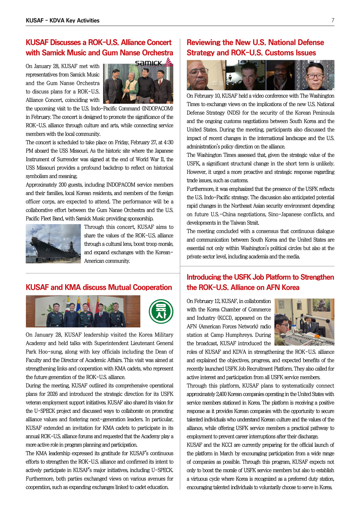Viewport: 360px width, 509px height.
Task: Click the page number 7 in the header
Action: click(333, 21)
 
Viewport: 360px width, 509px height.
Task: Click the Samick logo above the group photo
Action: click(153, 63)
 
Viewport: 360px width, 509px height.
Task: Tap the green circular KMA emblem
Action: click(161, 312)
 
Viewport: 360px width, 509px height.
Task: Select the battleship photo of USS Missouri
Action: click(53, 244)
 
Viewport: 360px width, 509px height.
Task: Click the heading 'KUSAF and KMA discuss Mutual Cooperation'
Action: click(99, 287)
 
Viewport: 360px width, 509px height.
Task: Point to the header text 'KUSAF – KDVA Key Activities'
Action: click(63, 21)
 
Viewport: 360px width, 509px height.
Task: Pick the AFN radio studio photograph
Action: click(304, 322)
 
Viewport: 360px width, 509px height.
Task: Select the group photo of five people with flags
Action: click(83, 312)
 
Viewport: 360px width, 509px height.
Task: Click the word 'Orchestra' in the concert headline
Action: click(157, 53)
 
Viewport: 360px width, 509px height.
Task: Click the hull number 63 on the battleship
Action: click(48, 249)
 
